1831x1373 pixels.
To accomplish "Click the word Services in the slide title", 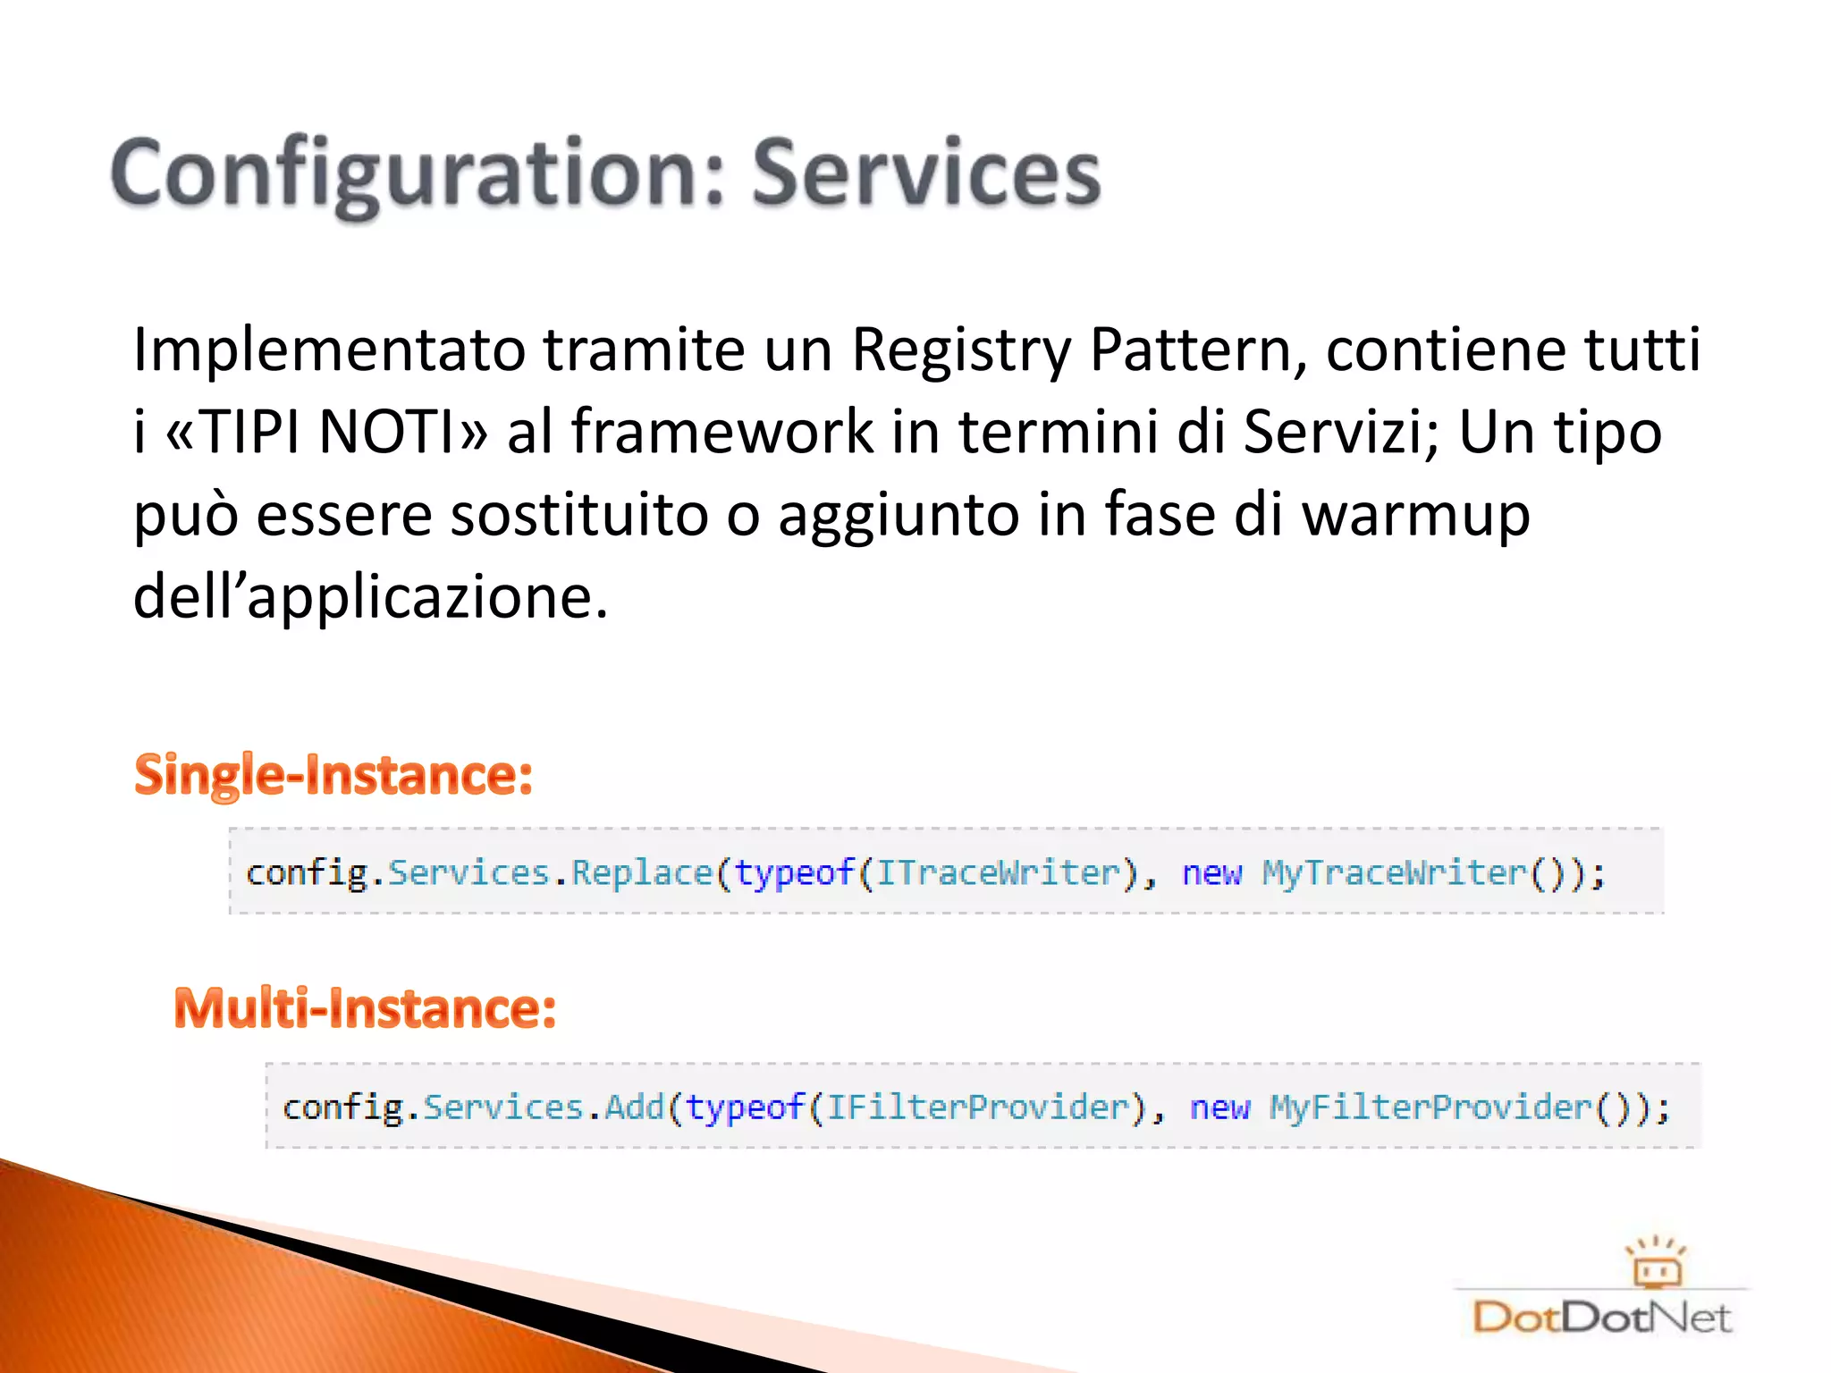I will (x=925, y=174).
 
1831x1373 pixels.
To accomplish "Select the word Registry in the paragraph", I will (x=960, y=350).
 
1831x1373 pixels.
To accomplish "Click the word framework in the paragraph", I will (x=721, y=433).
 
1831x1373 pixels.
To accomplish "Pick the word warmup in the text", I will (x=1416, y=515).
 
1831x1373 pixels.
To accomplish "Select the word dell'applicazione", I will (x=370, y=597).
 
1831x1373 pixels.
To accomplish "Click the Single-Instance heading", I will (x=333, y=775).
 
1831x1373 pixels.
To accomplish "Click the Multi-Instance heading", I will (x=365, y=1008).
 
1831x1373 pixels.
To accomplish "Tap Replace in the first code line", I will (x=641, y=872).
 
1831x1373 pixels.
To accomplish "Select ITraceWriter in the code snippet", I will (x=998, y=872).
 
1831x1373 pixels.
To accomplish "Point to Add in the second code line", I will (x=635, y=1108).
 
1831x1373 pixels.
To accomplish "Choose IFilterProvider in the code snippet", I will (x=978, y=1108).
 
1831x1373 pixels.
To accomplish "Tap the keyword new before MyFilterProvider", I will (x=1219, y=1108).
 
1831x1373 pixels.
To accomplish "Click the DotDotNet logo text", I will (x=1601, y=1318).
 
